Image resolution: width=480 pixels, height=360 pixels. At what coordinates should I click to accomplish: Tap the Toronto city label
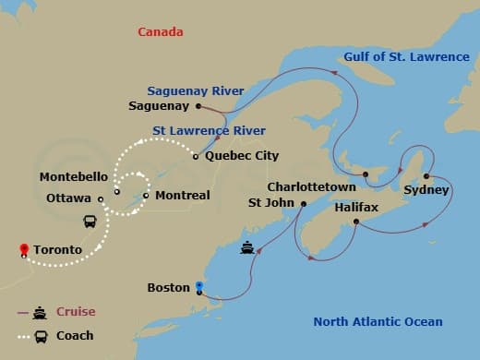click(x=56, y=250)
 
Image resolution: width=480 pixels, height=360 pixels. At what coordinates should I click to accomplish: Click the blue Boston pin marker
click(x=198, y=286)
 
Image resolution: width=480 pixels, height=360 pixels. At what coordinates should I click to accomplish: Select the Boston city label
click(x=169, y=288)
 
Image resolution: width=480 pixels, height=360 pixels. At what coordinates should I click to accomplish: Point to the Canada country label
click(x=161, y=32)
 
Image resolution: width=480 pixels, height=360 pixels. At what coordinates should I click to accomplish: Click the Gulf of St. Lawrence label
click(x=406, y=57)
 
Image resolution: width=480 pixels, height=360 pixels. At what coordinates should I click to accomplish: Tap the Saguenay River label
click(x=195, y=90)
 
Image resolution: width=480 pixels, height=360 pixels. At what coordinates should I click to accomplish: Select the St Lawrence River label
click(x=209, y=131)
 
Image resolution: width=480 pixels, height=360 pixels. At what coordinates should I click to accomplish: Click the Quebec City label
click(x=242, y=156)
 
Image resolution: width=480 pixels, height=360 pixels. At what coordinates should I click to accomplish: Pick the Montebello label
click(x=75, y=176)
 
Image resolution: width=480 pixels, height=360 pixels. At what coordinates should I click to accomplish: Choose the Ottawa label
click(x=68, y=198)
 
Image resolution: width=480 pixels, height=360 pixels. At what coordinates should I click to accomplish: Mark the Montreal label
click(x=182, y=196)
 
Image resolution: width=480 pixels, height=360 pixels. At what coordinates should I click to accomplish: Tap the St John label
click(x=271, y=202)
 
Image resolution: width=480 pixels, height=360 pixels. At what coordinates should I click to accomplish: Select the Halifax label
click(x=356, y=208)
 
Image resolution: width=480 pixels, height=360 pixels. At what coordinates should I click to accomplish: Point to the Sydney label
click(x=426, y=190)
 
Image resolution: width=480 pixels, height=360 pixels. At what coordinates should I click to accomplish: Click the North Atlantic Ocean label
click(x=378, y=322)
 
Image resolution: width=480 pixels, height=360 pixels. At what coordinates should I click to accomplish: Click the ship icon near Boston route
click(x=247, y=247)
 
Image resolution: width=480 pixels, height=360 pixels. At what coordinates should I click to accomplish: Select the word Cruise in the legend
click(x=76, y=312)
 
